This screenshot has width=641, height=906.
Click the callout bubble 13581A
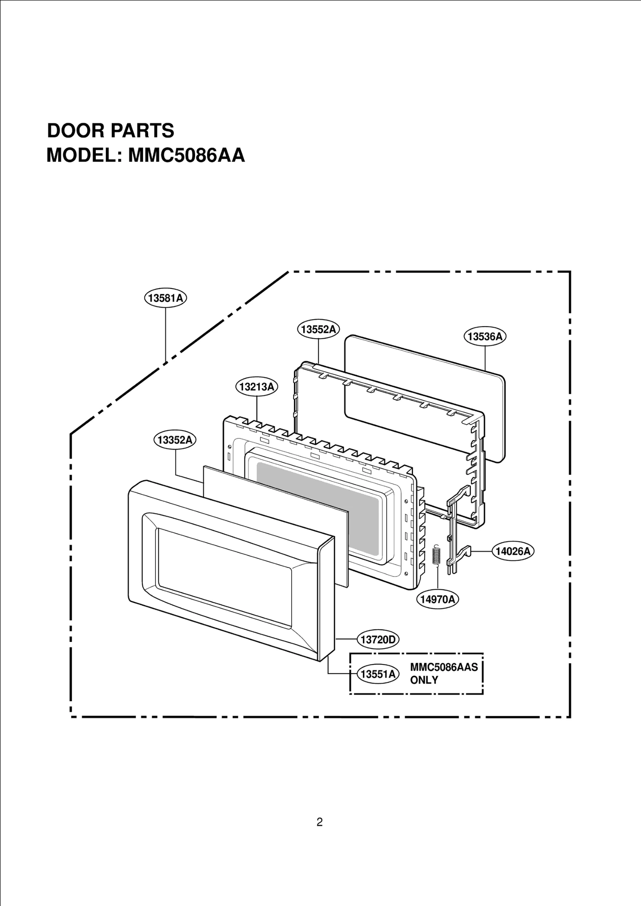(165, 298)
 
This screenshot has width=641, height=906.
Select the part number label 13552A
(318, 329)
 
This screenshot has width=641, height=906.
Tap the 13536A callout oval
(485, 336)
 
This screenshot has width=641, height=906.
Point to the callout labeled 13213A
(256, 387)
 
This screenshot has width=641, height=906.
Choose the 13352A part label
(175, 440)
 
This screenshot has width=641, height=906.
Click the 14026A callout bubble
(513, 551)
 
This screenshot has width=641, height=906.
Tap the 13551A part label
(378, 674)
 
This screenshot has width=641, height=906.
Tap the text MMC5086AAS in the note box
(444, 667)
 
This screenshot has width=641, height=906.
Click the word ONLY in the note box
(424, 680)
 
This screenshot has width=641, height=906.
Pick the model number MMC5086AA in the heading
(186, 155)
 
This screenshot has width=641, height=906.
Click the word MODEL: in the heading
(84, 155)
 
